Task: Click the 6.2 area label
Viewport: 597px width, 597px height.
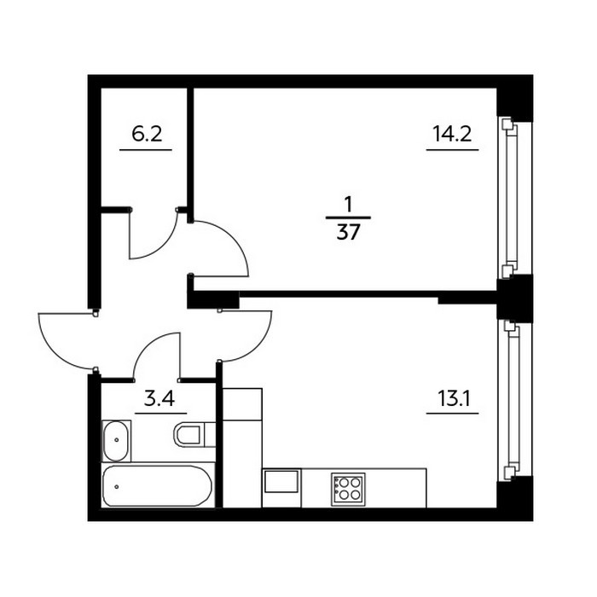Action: click(147, 135)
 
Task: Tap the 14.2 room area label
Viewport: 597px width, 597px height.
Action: click(452, 135)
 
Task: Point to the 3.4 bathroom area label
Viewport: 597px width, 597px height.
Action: click(159, 399)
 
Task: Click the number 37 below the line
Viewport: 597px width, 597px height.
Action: click(348, 232)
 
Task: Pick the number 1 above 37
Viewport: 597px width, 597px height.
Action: click(348, 206)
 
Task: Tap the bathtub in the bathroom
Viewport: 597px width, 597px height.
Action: click(158, 485)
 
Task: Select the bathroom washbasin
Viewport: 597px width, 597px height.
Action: click(116, 441)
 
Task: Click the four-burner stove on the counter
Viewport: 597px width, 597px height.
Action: click(348, 490)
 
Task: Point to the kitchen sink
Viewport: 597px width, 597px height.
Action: click(281, 482)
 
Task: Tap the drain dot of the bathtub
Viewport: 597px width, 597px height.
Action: click(116, 487)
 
